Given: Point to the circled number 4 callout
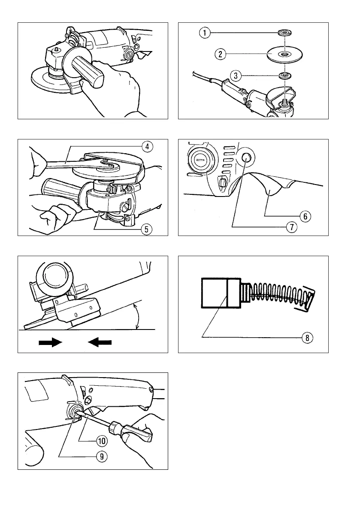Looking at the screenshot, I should [x=147, y=147].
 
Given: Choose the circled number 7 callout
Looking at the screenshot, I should [x=291, y=227].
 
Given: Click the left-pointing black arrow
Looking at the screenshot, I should [x=100, y=342].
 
